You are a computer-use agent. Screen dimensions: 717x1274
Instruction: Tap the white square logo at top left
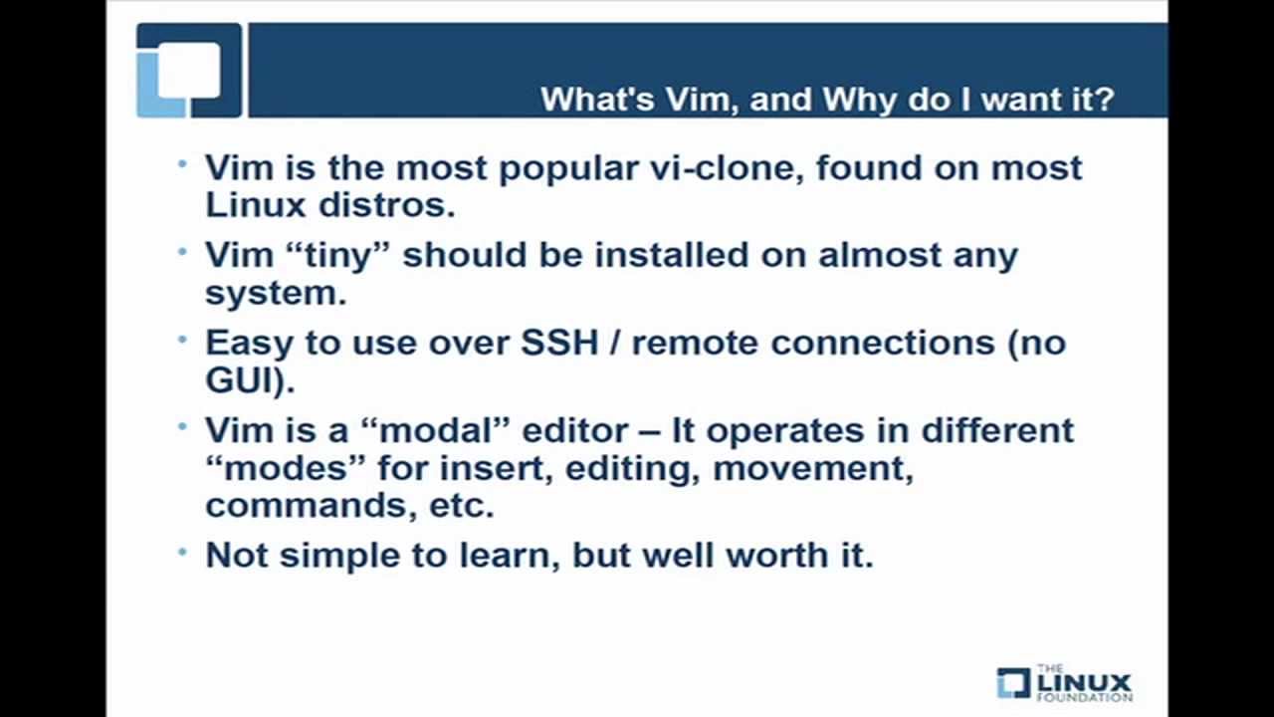coord(188,70)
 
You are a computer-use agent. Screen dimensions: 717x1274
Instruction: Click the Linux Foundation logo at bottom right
coord(1064,683)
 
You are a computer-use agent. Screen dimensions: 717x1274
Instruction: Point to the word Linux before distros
coord(255,205)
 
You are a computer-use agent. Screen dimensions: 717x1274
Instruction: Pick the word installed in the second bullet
coord(672,255)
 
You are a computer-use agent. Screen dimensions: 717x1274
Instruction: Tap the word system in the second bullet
coord(272,293)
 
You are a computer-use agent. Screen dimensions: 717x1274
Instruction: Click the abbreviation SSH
coord(559,343)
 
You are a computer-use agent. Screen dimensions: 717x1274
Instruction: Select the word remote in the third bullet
coord(696,343)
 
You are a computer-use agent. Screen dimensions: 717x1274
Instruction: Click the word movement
coord(811,468)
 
